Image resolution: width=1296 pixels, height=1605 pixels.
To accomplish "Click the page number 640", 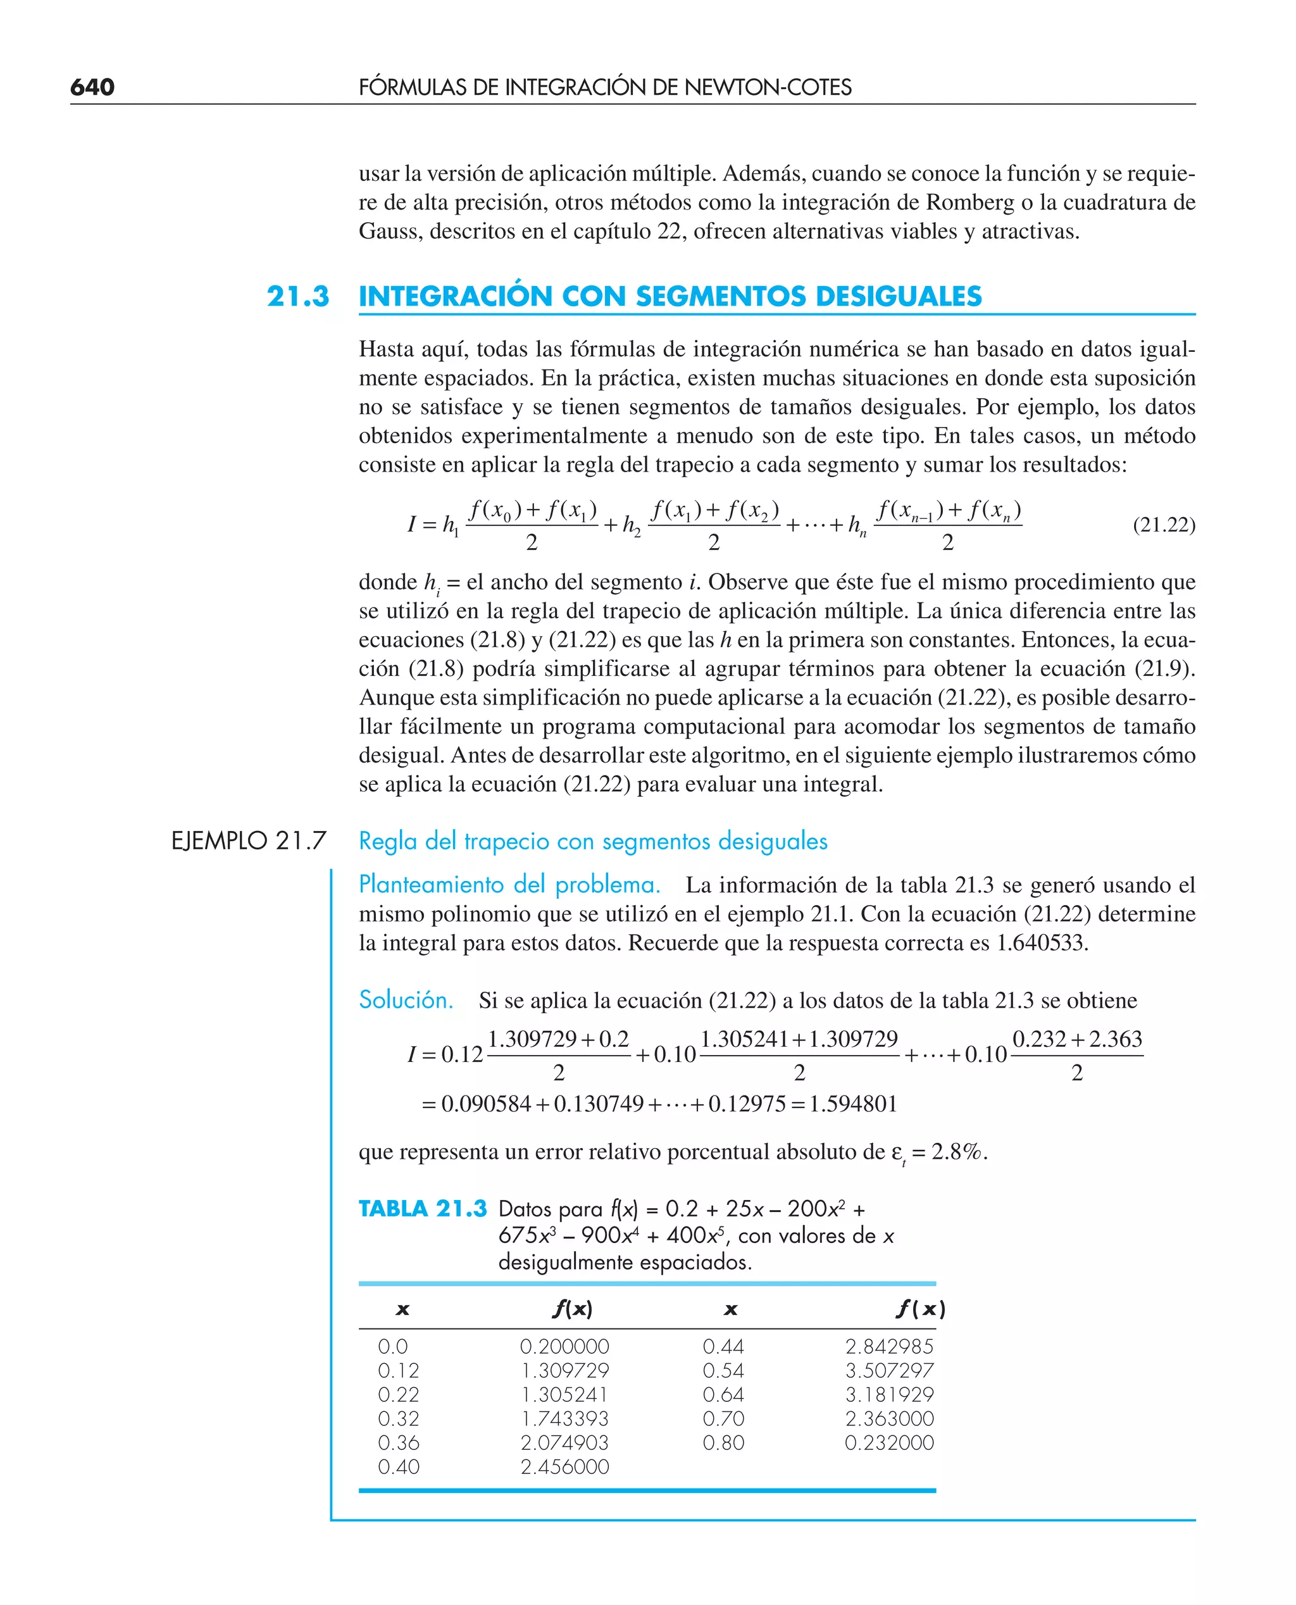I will coord(92,87).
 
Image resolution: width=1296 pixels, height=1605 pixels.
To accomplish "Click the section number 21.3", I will coord(298,296).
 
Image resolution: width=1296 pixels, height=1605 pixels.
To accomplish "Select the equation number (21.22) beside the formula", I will coord(1163,525).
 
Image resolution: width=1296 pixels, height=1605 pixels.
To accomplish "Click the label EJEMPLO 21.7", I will coord(249,840).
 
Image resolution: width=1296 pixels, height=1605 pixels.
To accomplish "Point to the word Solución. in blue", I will coord(406,999).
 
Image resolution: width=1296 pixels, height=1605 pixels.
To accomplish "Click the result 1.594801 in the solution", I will coord(852,1103).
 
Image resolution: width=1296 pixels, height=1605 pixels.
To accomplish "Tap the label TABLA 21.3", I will coord(423,1209).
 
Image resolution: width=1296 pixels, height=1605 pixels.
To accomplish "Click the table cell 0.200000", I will coord(564,1347).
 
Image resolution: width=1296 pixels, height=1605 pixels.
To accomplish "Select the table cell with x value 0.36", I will coord(398,1443).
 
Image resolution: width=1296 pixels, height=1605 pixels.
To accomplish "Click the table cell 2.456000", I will coord(564,1467).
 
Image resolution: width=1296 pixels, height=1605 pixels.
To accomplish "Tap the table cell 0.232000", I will coord(888,1443).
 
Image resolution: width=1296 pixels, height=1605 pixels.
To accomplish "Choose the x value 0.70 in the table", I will coord(723,1418).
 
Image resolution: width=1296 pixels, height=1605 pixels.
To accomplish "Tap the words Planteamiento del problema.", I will coord(509,885).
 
